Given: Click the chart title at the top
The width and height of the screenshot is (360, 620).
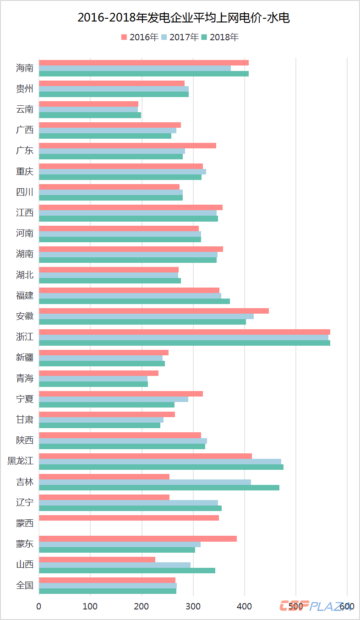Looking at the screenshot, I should tap(180, 18).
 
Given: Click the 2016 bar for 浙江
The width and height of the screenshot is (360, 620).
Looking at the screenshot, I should tap(184, 332).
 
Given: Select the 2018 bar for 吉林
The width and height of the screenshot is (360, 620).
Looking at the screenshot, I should tap(159, 488).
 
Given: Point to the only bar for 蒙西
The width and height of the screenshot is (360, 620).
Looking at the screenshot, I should tap(129, 518).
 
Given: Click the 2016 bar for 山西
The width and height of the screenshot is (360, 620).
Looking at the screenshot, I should tap(97, 560).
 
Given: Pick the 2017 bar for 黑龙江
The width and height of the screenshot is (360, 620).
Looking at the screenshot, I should tap(160, 462).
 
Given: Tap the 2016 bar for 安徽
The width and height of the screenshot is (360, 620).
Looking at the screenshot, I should tap(153, 311).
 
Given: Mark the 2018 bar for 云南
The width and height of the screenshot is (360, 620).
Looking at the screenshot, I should tap(90, 115).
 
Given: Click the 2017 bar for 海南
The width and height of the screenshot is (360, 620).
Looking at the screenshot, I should tap(135, 68).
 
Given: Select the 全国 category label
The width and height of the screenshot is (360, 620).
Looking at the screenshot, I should tap(25, 585).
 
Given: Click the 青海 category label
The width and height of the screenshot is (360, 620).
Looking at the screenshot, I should tap(25, 378).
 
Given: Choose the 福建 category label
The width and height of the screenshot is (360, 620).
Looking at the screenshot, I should tap(25, 295).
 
